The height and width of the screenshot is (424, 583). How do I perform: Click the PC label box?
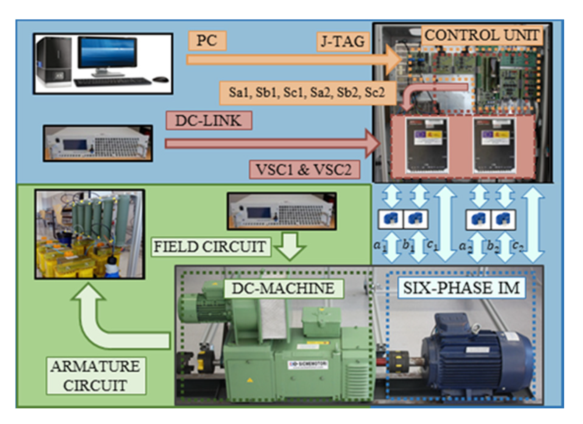[207, 41]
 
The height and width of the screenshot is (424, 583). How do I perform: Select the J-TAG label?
[343, 41]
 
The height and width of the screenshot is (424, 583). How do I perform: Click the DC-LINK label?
[209, 121]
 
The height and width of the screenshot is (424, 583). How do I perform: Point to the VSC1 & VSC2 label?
[304, 169]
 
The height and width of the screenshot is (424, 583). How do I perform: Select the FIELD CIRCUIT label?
[210, 246]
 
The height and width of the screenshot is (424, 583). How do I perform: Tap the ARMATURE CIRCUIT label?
[96, 376]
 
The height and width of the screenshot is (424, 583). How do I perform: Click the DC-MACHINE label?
[283, 288]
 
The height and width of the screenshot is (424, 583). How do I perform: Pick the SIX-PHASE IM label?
[461, 288]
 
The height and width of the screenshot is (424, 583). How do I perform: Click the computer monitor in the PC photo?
[107, 53]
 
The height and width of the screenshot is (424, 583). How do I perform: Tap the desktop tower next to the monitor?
[54, 62]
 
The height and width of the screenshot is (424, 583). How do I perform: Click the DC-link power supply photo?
[98, 143]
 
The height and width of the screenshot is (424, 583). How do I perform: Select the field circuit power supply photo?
[282, 211]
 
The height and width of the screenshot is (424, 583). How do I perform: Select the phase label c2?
[518, 246]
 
